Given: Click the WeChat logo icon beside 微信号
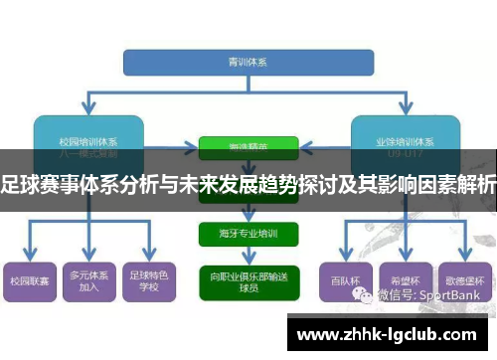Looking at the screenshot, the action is (369, 295).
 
